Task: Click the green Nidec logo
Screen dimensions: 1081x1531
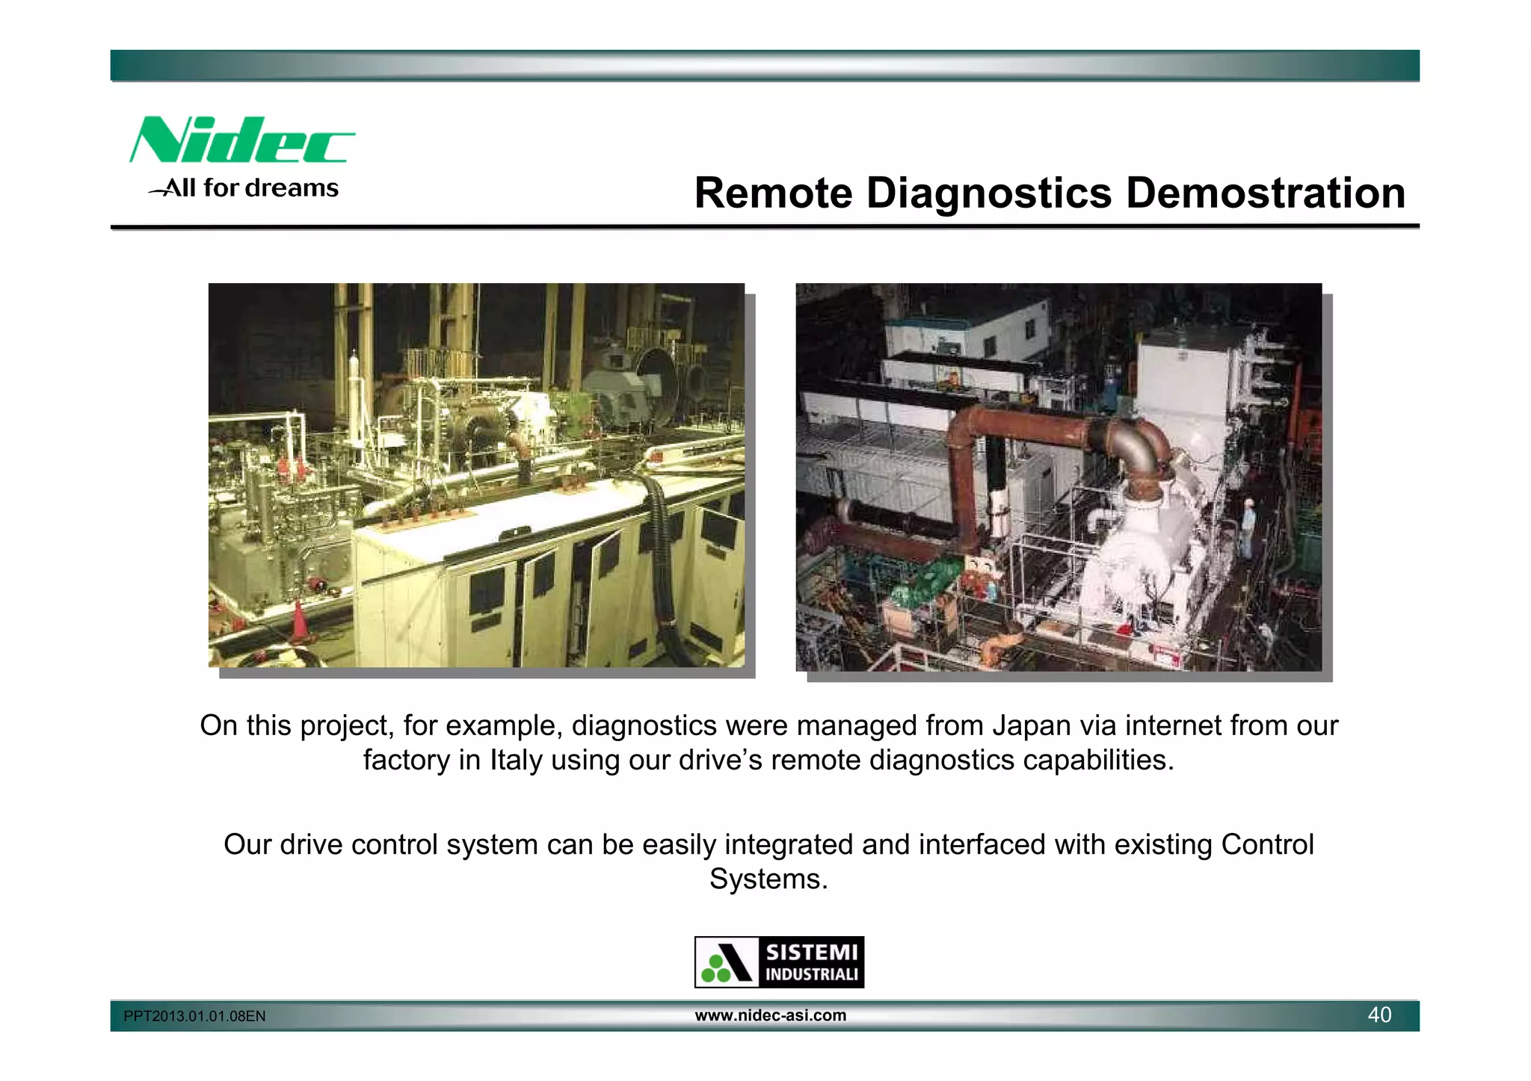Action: pos(241,140)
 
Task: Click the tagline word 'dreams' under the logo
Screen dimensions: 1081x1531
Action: pos(292,188)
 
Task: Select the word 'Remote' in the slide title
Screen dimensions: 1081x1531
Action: pos(773,193)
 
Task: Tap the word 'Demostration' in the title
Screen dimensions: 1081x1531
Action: pos(1265,193)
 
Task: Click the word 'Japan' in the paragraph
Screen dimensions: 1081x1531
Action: pos(1021,725)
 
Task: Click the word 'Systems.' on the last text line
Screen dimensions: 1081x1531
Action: pos(768,879)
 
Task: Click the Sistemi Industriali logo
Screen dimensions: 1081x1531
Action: pos(779,962)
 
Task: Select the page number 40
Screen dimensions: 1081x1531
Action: pos(1379,1015)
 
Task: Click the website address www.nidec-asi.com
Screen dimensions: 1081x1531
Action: pos(771,1015)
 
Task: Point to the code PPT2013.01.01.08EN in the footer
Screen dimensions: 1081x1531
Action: pos(194,1016)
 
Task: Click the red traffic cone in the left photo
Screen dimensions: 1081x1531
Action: pos(299,619)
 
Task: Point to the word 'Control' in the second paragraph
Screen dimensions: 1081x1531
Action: pos(1267,844)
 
